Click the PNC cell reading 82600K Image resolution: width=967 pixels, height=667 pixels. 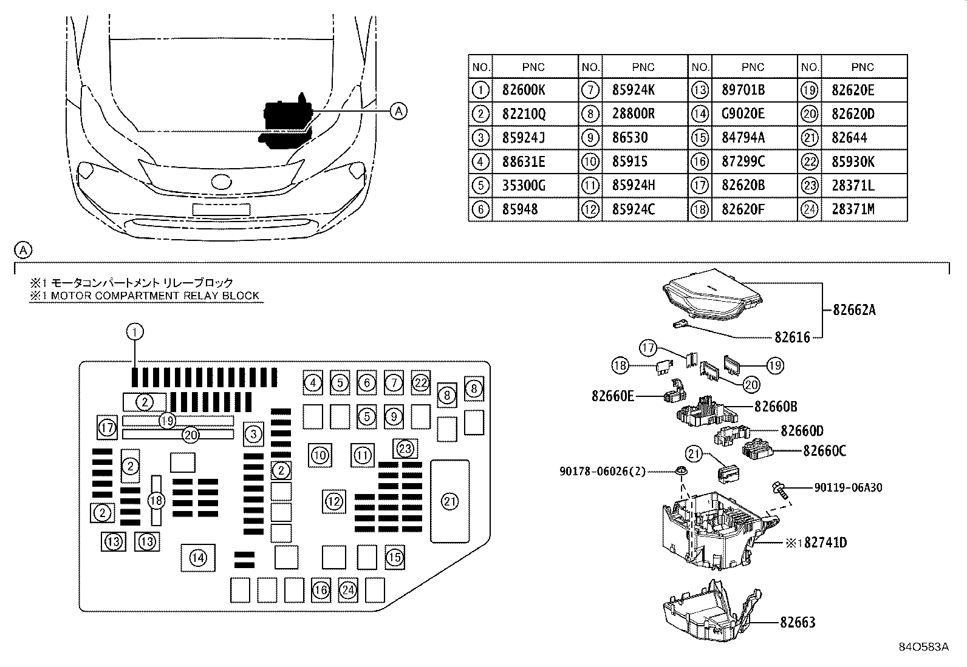click(523, 90)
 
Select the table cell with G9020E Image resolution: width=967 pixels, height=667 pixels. click(743, 114)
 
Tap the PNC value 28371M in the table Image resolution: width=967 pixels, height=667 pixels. click(853, 209)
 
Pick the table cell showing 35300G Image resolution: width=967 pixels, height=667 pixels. click(523, 186)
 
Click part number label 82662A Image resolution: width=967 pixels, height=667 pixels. click(854, 310)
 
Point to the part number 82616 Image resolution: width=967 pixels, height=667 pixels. click(792, 337)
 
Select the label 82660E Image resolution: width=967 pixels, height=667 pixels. click(613, 396)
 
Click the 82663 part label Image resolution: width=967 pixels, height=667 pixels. click(798, 622)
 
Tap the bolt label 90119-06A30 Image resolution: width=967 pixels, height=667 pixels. click(848, 487)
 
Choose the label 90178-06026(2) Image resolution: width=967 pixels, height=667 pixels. click(602, 472)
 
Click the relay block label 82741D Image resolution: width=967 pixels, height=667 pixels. click(825, 543)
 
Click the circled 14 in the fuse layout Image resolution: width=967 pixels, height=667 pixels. click(198, 558)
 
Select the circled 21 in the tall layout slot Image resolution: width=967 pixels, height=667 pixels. click(450, 501)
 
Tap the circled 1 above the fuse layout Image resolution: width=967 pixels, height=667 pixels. click(135, 332)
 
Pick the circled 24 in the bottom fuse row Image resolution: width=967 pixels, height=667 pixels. click(348, 590)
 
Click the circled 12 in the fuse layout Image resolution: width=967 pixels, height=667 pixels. click(333, 501)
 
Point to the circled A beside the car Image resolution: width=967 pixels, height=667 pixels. click(398, 111)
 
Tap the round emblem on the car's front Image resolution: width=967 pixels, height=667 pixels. click(221, 181)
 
